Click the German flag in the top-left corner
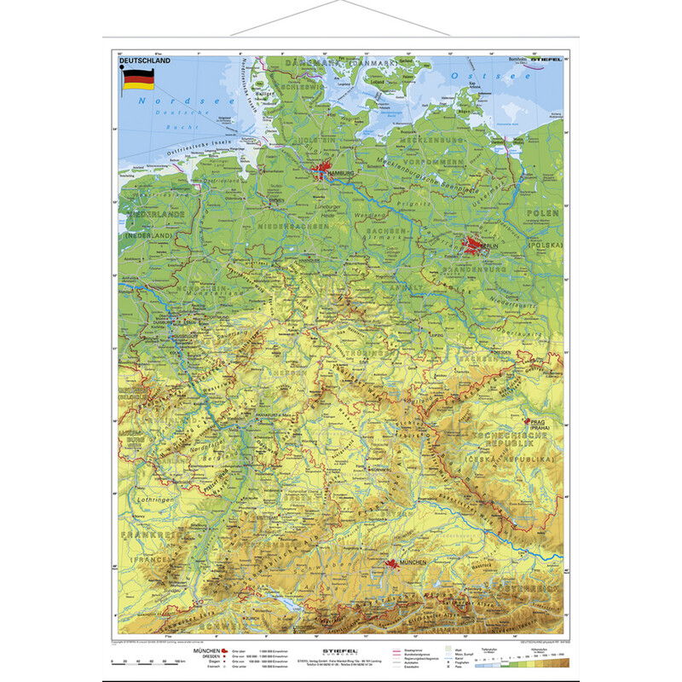[x=139, y=80]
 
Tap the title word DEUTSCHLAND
[x=145, y=61]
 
